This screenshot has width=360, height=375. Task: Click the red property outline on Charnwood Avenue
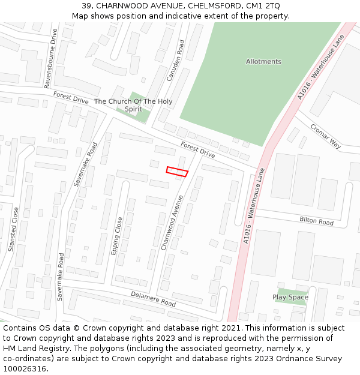click(x=177, y=172)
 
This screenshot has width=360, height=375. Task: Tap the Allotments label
click(x=263, y=62)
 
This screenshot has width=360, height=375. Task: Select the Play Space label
click(x=290, y=297)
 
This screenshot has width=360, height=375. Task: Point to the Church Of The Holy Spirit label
click(x=133, y=106)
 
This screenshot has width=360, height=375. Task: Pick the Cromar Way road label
click(x=326, y=136)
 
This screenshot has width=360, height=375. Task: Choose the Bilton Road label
click(x=316, y=221)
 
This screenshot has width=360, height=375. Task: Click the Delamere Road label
click(x=154, y=299)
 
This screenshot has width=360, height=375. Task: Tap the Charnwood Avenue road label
click(x=172, y=222)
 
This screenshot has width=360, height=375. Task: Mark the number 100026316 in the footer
click(x=25, y=368)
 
